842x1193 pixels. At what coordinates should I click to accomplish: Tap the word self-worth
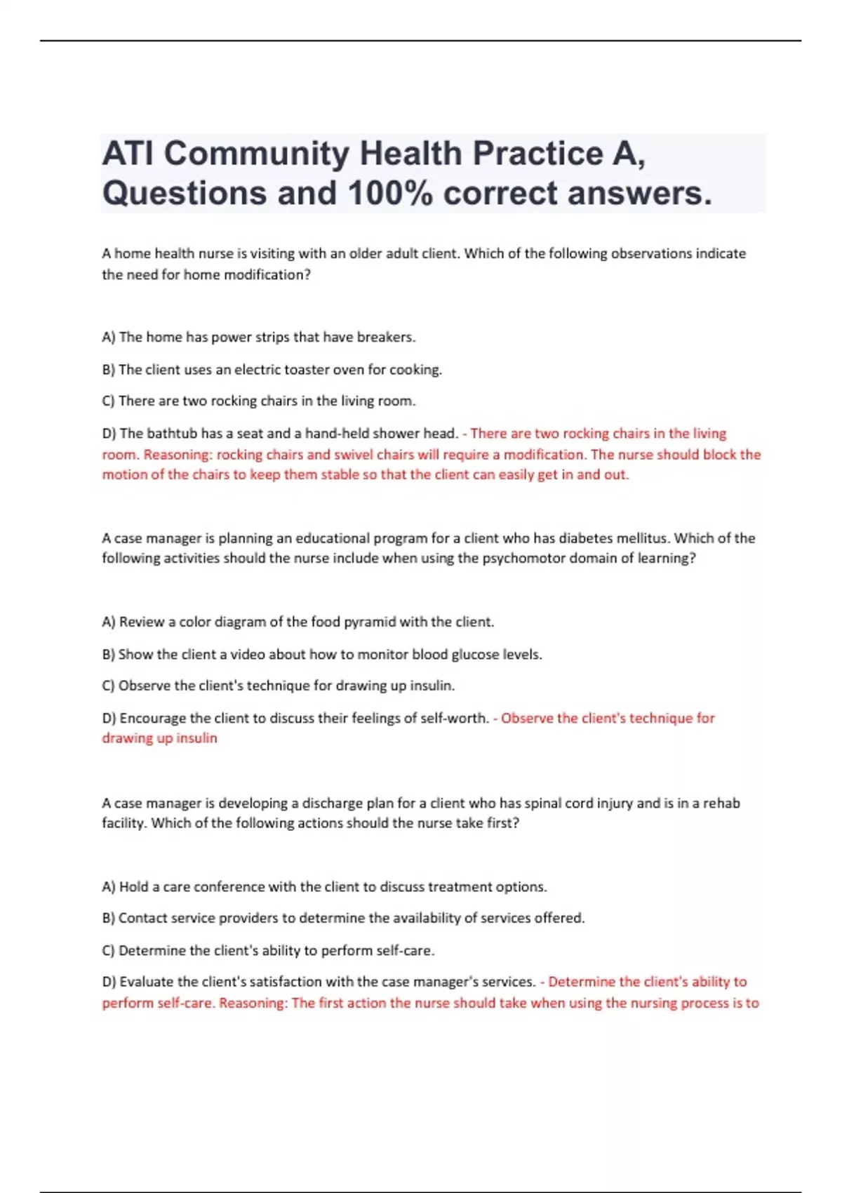pyautogui.click(x=455, y=718)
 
